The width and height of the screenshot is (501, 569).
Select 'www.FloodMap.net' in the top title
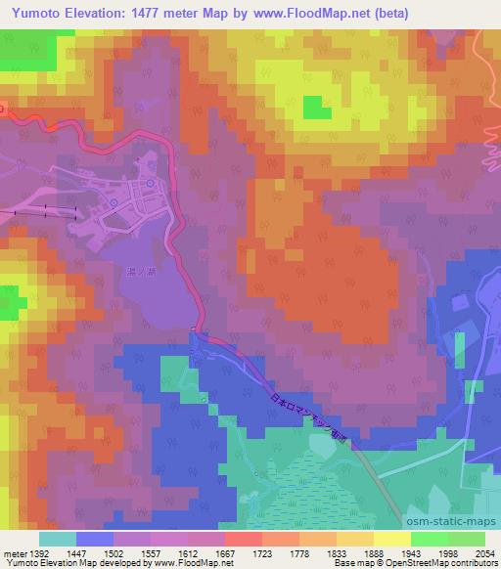click(x=311, y=13)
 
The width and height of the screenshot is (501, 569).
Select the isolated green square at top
click(x=316, y=108)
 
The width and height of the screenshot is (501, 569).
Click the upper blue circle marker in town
click(x=149, y=183)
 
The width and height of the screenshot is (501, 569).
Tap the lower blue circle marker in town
click(x=114, y=202)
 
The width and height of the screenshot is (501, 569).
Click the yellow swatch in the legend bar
click(x=392, y=539)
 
